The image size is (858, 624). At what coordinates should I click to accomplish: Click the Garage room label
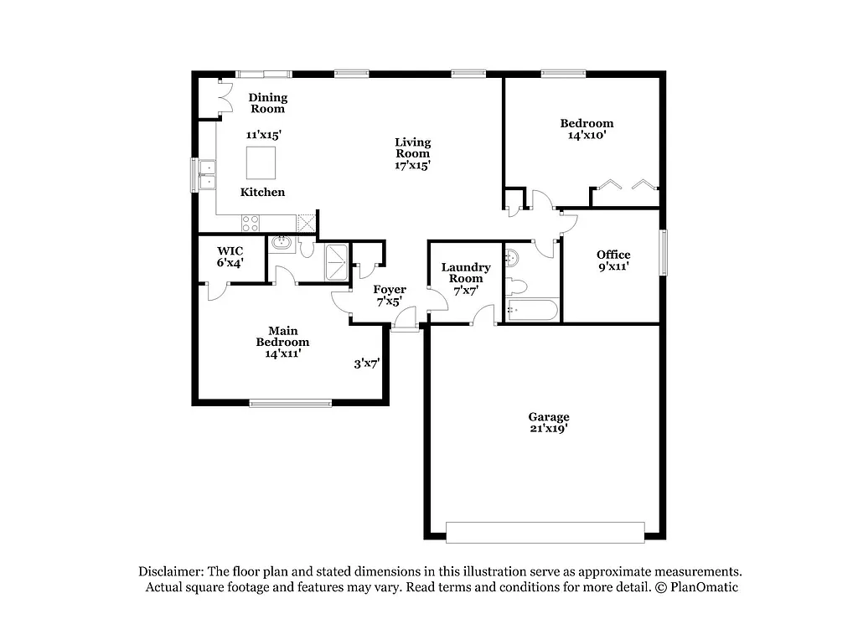[548, 416]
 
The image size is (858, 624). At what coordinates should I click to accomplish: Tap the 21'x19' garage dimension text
[548, 429]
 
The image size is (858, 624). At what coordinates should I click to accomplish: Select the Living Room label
[412, 147]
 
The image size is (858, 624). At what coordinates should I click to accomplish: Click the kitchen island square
[261, 162]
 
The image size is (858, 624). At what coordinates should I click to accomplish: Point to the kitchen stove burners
[251, 223]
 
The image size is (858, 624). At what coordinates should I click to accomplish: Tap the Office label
[613, 255]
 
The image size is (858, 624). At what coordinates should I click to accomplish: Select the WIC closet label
[230, 250]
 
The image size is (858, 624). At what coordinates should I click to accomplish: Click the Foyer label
[390, 290]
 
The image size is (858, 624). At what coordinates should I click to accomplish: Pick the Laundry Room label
[466, 273]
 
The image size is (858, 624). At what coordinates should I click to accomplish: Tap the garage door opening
[545, 532]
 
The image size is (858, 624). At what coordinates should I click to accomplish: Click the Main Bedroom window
[291, 404]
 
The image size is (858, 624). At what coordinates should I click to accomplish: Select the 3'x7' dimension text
[367, 364]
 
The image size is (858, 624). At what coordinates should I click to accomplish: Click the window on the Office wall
[663, 252]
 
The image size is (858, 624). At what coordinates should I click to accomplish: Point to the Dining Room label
[268, 103]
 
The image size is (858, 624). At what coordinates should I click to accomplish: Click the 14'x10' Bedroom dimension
[587, 135]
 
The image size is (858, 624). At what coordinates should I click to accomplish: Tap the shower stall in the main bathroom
[337, 260]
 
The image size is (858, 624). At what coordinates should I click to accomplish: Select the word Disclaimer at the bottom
[170, 570]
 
